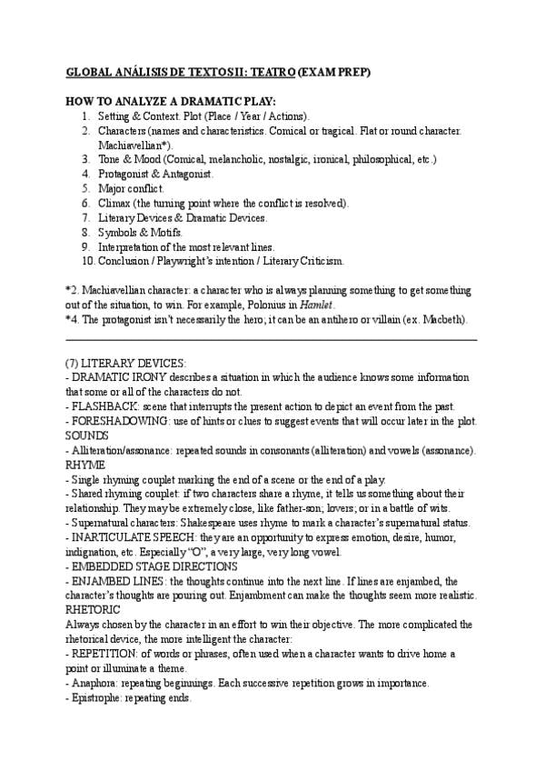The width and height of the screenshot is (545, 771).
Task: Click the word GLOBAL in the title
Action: (x=88, y=71)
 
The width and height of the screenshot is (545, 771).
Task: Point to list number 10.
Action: (x=87, y=261)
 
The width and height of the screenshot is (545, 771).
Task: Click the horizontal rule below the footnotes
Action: (x=272, y=339)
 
